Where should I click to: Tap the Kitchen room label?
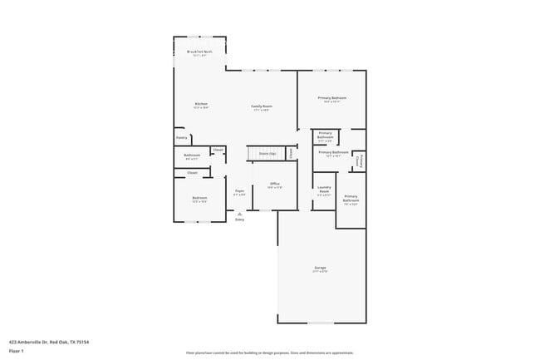(x=200, y=104)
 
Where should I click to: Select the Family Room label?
(x=263, y=106)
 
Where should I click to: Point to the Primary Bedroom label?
(x=332, y=98)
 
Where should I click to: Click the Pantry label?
(x=181, y=138)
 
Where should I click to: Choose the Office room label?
(x=274, y=184)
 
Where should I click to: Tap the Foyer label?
(x=239, y=190)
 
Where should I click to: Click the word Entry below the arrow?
(x=239, y=219)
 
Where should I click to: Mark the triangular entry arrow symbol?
(x=239, y=213)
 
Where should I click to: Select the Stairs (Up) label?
(x=267, y=154)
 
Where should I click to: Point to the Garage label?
(x=320, y=268)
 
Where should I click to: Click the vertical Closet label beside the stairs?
(x=291, y=153)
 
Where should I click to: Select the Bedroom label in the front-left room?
(x=199, y=198)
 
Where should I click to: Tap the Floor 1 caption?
(x=17, y=351)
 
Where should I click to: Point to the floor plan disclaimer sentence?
(x=269, y=353)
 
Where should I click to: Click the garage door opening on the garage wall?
(x=320, y=323)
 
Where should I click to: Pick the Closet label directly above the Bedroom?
(x=192, y=173)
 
